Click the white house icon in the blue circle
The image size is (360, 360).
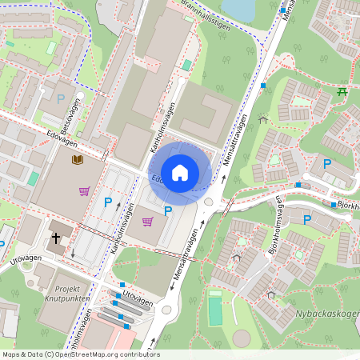pyautogui.click(x=180, y=172)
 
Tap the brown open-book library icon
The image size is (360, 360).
pyautogui.click(x=78, y=160)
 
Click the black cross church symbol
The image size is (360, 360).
pyautogui.click(x=56, y=238)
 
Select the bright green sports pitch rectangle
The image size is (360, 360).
pyautogui.click(x=215, y=309)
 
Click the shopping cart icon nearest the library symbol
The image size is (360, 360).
pyautogui.click(x=84, y=190)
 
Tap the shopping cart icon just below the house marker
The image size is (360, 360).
pyautogui.click(x=147, y=222)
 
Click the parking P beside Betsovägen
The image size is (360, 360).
pyautogui.click(x=61, y=98)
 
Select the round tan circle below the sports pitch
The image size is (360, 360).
pyautogui.click(x=242, y=338)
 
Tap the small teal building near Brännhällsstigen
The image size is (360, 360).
pyautogui.click(x=187, y=65)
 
